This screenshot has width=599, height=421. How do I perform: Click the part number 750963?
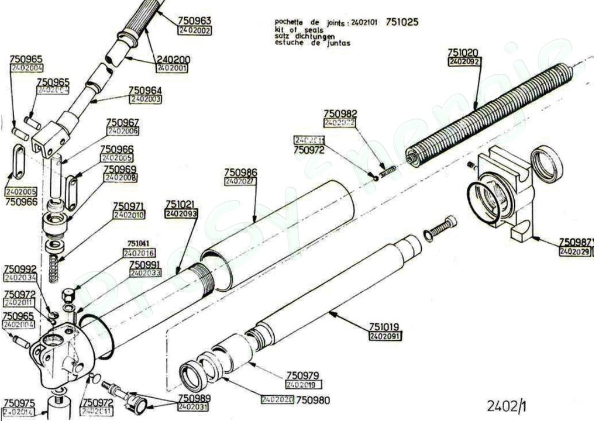coord(195,20)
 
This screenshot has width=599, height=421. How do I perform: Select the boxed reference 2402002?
coord(195,30)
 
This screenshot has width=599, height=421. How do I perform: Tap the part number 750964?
coord(145,90)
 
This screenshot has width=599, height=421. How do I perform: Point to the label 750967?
coord(122,122)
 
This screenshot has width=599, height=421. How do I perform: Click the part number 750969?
coord(120,169)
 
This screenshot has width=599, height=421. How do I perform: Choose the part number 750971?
coord(129,206)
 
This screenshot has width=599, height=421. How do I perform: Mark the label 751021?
coord(181,205)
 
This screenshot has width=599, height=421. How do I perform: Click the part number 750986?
coord(240,172)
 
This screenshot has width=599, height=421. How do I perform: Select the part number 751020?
coord(464,52)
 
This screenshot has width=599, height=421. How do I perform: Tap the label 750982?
coord(340,113)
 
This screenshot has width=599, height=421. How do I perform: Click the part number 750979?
coord(302,375)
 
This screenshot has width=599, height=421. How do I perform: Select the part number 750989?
coord(194,398)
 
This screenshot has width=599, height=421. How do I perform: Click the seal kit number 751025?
coord(402,23)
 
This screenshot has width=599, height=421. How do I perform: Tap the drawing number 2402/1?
coord(507,405)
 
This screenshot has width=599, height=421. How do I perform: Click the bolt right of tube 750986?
coord(439,227)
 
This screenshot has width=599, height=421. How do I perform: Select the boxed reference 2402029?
coord(575,251)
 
